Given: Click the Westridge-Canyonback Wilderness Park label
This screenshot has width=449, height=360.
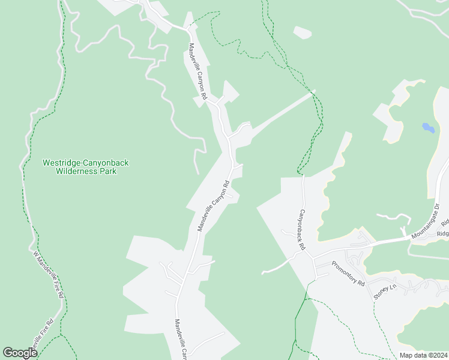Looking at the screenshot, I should (85, 167).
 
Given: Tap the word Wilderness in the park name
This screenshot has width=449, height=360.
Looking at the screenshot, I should (77, 171).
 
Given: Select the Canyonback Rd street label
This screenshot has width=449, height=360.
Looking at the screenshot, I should (302, 230).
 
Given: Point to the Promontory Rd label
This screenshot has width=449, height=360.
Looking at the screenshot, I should (348, 274).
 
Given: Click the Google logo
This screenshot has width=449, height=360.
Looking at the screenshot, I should (20, 353).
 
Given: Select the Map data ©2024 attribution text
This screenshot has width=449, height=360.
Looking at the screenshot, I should (423, 355).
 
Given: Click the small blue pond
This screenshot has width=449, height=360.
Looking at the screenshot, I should (428, 127).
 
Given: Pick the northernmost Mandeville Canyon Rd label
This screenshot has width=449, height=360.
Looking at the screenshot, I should (198, 71).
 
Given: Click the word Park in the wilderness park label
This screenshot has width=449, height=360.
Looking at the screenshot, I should (109, 171).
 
